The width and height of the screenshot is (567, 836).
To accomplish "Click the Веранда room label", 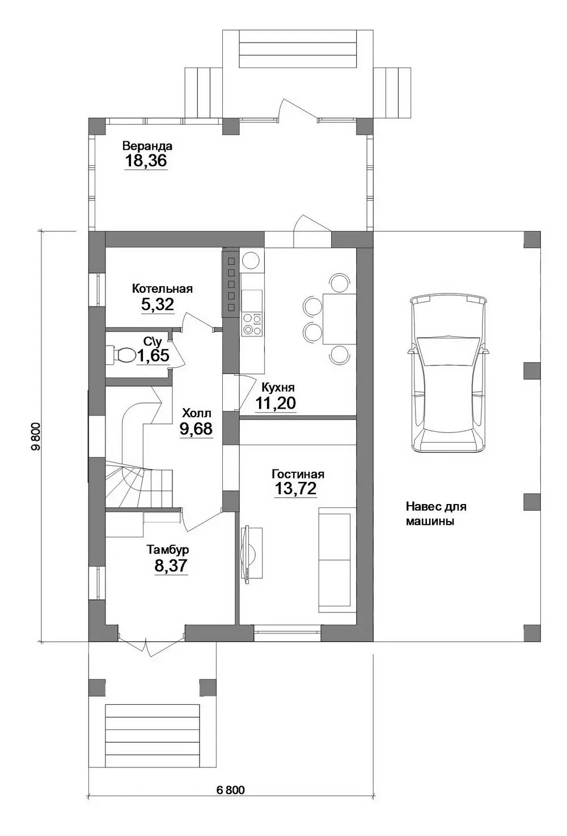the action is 147,145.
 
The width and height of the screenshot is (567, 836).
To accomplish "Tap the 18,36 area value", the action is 146,161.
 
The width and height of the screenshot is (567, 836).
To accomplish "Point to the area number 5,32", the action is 158,305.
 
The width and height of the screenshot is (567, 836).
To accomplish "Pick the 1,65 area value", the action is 153,355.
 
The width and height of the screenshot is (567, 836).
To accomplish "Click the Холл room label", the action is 196,413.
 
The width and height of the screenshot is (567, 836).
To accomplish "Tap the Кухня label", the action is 278,387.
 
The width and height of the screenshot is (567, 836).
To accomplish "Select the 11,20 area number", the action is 276,403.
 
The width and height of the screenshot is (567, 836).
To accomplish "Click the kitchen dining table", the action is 339,319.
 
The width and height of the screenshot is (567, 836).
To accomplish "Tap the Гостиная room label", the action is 298,474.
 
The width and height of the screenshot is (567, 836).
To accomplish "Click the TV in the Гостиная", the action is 250,553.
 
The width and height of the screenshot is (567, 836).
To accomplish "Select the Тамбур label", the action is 167,550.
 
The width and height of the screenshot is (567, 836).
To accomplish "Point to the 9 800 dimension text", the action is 36,436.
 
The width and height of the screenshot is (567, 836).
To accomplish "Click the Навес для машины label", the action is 436,514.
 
